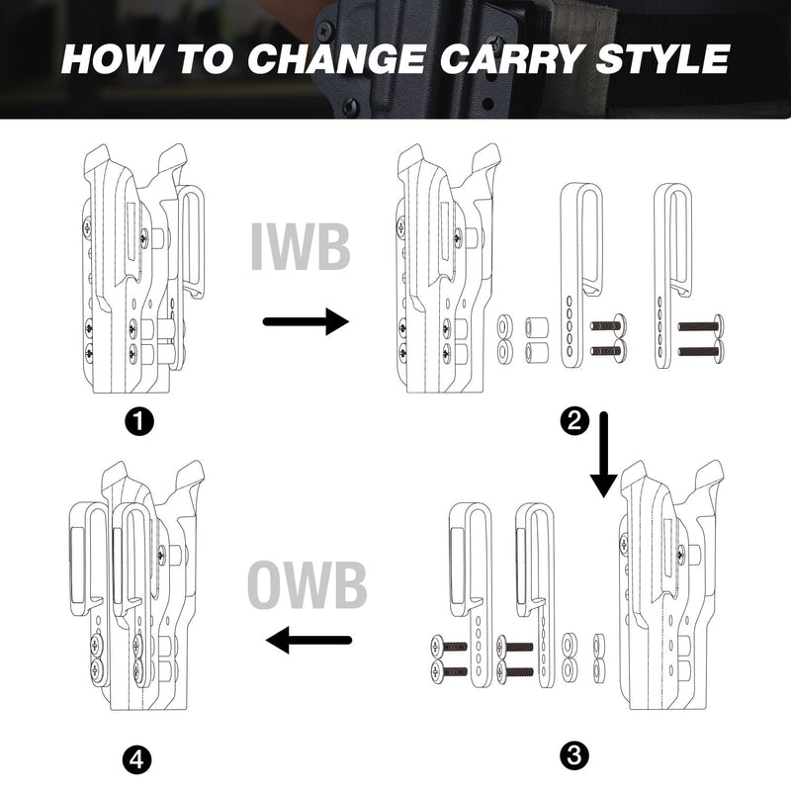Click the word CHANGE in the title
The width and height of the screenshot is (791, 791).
pos(335,58)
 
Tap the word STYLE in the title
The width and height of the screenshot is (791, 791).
pos(662,58)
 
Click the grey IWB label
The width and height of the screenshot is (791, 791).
pos(301,247)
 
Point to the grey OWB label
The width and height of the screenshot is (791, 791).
pos(308,585)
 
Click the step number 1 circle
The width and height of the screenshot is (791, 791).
pos(139,422)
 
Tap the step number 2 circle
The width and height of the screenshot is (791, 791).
pos(574,420)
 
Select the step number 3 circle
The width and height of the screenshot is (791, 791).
pos(574,755)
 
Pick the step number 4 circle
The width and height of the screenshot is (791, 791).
pos(137,758)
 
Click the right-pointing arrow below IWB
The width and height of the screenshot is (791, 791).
pos(307,321)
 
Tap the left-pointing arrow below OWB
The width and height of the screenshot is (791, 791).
pos(308,640)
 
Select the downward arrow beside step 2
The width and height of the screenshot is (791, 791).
pos(604,455)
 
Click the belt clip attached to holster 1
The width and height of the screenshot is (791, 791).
pos(192,242)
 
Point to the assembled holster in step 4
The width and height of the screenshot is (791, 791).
pos(136,585)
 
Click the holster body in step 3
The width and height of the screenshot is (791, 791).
pos(671,584)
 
